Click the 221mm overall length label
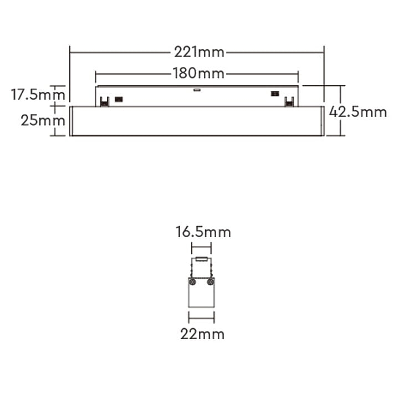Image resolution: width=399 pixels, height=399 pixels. coord(199,53)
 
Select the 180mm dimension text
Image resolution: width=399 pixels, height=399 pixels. coord(198,73)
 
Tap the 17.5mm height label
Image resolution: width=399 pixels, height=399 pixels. coord(31,95)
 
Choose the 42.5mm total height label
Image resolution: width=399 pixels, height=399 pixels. coord(357,111)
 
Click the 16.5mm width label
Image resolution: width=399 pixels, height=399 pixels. coord(203,232)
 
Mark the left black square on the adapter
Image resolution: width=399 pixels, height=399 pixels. coord(118,99)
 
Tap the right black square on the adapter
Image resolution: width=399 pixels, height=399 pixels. coord(274,94)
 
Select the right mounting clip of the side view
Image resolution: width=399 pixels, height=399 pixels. coord(288,101)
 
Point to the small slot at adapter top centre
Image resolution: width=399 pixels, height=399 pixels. coord(196,88)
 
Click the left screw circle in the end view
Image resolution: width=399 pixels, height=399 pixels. coord(192,282)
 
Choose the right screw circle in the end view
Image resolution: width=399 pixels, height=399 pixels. coord(210,282)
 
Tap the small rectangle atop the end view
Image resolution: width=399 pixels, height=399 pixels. coord(201,260)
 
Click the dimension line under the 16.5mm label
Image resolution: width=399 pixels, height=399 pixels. coord(201,248)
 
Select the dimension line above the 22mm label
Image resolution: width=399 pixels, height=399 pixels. coord(201,318)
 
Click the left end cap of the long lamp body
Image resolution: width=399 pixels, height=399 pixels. coord(72,120)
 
